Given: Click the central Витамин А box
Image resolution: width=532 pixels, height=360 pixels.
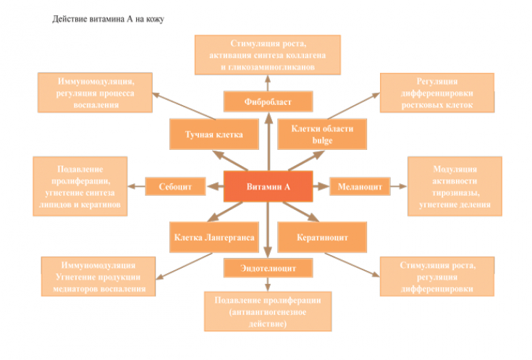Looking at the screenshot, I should coord(267,187).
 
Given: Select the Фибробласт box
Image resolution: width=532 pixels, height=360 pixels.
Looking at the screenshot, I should coord(268,101).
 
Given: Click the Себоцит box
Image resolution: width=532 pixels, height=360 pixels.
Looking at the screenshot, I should coord(174,187).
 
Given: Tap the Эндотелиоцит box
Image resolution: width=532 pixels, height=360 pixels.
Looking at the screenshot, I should coord(268,268).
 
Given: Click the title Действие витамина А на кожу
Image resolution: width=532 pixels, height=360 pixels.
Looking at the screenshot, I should coord(109,19).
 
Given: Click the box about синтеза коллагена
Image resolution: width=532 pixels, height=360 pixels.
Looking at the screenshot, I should coord(268,56).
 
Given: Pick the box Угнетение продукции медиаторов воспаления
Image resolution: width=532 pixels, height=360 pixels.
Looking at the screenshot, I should coord(99,277).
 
